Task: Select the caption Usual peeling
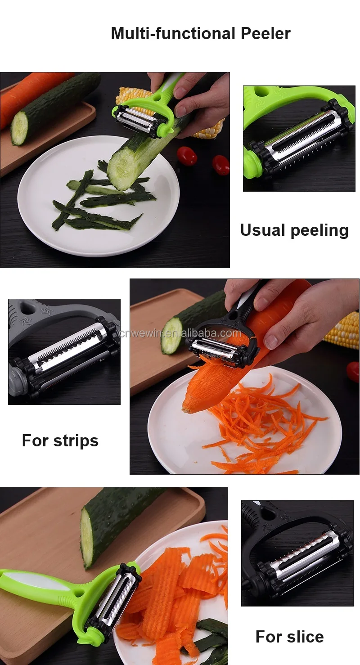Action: [294, 230]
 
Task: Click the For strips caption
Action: [60, 440]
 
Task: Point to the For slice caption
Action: [289, 637]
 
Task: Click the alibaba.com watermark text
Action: [180, 333]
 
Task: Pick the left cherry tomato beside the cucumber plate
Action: [187, 156]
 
